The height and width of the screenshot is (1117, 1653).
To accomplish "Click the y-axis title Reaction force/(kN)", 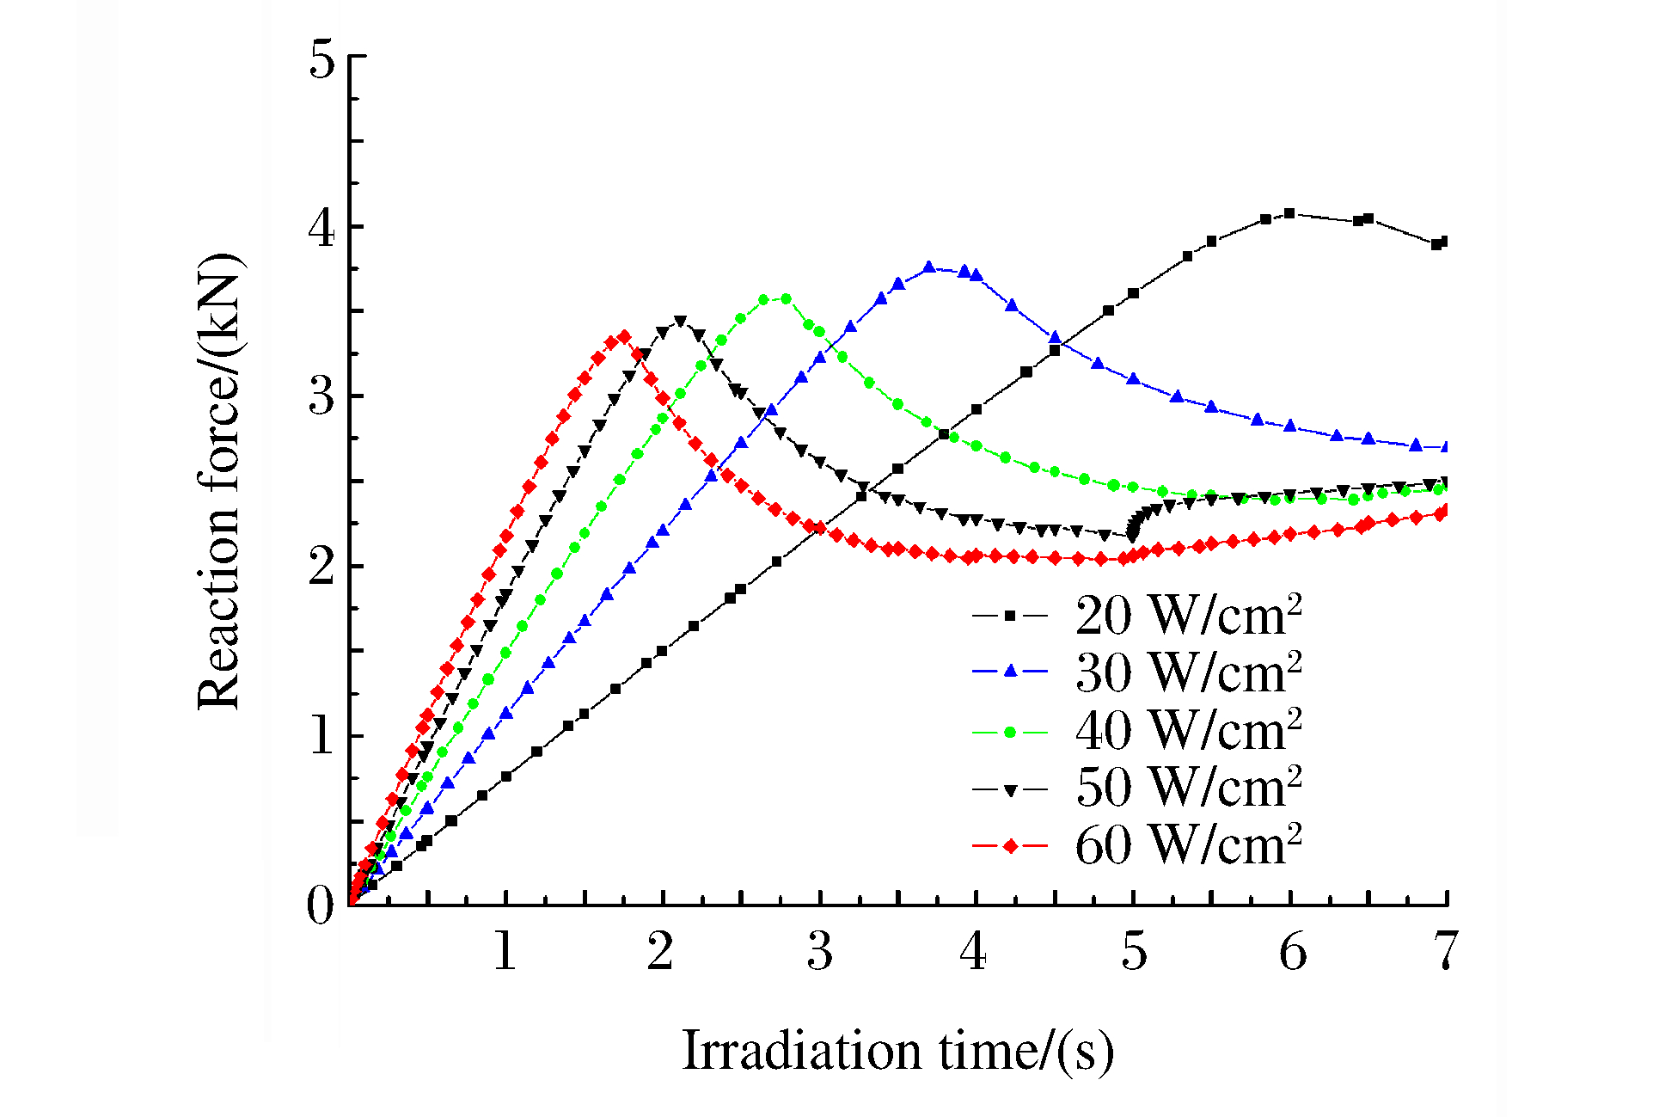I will coord(219,482).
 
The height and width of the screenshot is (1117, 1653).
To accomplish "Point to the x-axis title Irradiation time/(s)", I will coord(897,1051).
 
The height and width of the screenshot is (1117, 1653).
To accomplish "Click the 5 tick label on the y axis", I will coord(321,58).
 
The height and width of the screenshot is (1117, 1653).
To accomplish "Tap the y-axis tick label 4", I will coord(321,228).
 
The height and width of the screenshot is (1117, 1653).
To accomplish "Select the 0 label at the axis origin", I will coord(320,905).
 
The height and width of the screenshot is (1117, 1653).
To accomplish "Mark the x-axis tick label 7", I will coord(1446,952).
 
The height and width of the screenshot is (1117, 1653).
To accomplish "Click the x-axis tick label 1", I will coord(505,952).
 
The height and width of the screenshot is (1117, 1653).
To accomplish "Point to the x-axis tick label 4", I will coord(974,952).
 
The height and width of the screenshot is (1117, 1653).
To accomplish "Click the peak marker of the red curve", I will coord(625,336).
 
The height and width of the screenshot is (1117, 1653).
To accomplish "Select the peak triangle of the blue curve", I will coord(929,267).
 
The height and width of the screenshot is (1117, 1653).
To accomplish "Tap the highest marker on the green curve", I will coord(785,298).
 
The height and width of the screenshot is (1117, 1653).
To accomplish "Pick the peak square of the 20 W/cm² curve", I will coord(1289,213).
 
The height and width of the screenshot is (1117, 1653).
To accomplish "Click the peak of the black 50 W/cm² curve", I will coord(681,321).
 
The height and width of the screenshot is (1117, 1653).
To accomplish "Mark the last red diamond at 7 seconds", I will coord(1444,511).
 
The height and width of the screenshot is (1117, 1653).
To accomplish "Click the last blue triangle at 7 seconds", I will coord(1445,447).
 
